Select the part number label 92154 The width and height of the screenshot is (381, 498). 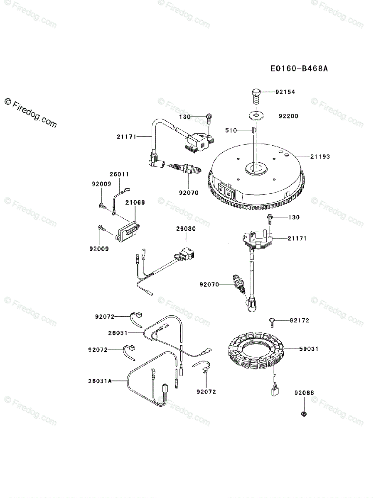285,92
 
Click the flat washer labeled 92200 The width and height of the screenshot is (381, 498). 256,115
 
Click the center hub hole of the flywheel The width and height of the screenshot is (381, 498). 255,168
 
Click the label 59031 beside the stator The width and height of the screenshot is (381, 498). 309,349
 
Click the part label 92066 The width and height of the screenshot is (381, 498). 304,393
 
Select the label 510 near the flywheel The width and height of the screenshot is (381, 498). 231,131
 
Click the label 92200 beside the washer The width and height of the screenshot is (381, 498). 288,117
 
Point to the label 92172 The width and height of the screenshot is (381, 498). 300,320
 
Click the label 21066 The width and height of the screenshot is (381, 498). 135,202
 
